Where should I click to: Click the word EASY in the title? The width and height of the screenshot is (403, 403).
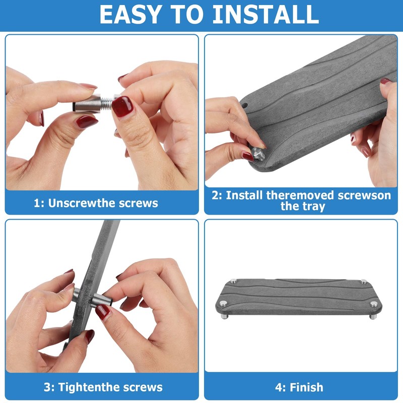point(130,15)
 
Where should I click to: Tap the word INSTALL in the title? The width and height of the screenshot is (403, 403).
point(266,15)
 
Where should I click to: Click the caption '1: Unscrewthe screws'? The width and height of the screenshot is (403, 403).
point(96,203)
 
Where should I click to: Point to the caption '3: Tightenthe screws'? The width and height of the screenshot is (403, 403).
point(103,387)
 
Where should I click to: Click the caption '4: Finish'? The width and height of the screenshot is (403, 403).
point(299,387)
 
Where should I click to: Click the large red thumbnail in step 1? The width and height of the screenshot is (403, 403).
point(122,106)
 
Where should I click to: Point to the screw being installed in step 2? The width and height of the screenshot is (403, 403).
point(258,154)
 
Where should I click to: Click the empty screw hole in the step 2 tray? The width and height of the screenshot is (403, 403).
point(245,105)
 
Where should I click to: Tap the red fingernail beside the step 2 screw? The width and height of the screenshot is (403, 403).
point(247,157)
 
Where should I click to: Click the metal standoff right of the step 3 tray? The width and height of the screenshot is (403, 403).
point(102,299)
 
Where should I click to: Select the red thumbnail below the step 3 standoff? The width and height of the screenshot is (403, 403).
point(103,312)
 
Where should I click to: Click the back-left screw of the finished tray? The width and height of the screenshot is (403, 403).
point(233,281)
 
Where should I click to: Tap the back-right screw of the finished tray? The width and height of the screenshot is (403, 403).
point(363,282)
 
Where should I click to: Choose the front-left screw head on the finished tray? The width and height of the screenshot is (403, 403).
point(223,303)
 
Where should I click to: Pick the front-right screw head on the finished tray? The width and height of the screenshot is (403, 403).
point(374,304)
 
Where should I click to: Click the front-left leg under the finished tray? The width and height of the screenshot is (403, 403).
point(224,316)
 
